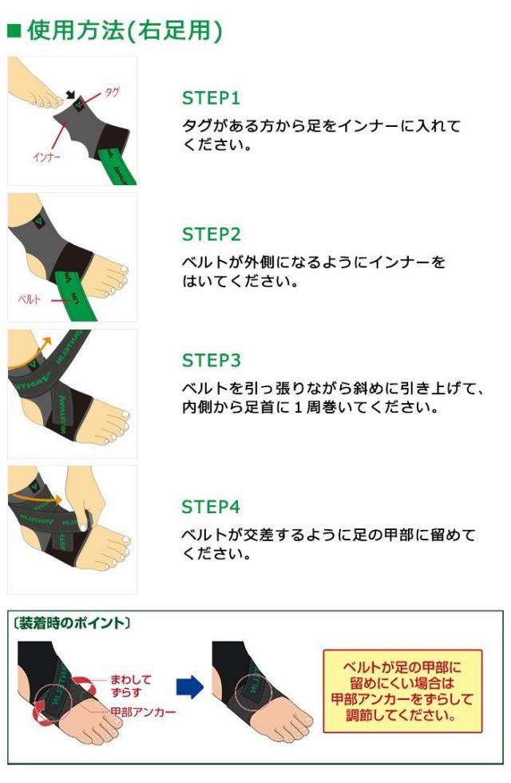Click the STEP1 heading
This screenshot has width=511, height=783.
coord(211,98)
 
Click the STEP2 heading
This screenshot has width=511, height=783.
coord(211,235)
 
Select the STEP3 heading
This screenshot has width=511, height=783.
coord(211,361)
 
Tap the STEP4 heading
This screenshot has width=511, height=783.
coord(211,507)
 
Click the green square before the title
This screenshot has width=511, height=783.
coord(14,31)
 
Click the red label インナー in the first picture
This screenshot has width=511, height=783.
coord(46,156)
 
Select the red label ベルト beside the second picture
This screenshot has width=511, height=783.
coord(30,299)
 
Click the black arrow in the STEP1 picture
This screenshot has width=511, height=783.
coord(72,95)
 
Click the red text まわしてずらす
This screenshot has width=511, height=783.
coord(132,686)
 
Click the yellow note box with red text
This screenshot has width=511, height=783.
coord(402,690)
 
